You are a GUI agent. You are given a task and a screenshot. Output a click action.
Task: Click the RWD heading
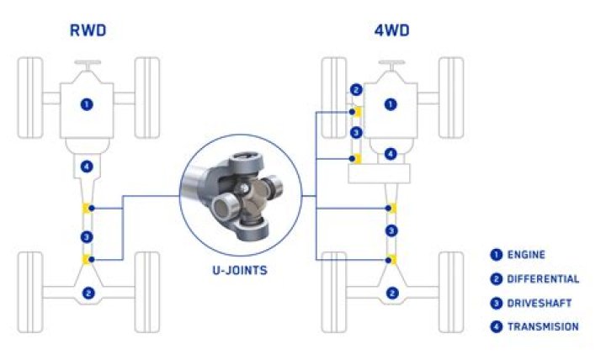point(88,33)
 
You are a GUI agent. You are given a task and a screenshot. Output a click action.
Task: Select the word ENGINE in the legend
point(527,255)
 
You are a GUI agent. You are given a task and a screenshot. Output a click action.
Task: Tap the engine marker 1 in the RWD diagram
point(88,104)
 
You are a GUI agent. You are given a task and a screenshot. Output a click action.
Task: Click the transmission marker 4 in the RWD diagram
point(88,167)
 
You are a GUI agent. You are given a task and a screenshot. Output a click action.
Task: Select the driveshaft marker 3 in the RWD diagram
point(88,236)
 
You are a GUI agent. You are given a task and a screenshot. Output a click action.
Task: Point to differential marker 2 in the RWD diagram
point(88,293)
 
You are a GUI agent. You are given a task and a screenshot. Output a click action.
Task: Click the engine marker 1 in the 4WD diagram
point(391,104)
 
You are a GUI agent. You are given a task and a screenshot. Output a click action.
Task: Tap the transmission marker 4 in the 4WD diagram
point(391,154)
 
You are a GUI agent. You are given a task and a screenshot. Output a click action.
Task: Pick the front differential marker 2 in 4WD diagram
point(357,90)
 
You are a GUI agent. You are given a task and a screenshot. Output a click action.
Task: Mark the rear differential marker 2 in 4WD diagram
point(391,293)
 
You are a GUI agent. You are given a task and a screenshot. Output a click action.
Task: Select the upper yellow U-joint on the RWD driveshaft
point(86,208)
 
